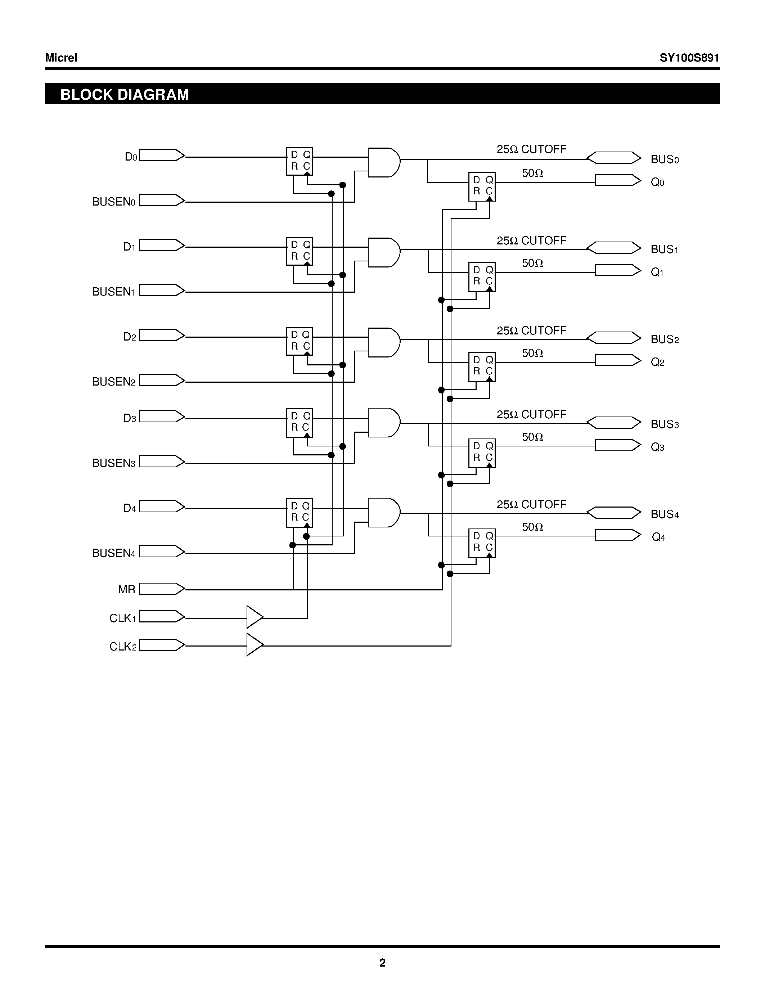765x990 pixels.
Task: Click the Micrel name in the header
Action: [61, 58]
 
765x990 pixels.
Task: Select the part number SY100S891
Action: [689, 58]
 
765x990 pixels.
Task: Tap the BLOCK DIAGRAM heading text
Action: [125, 94]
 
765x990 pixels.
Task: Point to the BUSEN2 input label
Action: [114, 382]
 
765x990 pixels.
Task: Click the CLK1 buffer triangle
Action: [254, 617]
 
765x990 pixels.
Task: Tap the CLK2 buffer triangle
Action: [254, 645]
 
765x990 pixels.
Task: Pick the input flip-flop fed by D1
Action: [300, 251]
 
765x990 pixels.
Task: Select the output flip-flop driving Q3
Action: [482, 453]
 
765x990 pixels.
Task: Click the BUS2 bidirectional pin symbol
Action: [614, 338]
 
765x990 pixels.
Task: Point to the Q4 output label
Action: [658, 537]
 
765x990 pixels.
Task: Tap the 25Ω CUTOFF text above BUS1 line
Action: [531, 241]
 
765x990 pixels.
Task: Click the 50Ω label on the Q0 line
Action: [532, 173]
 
